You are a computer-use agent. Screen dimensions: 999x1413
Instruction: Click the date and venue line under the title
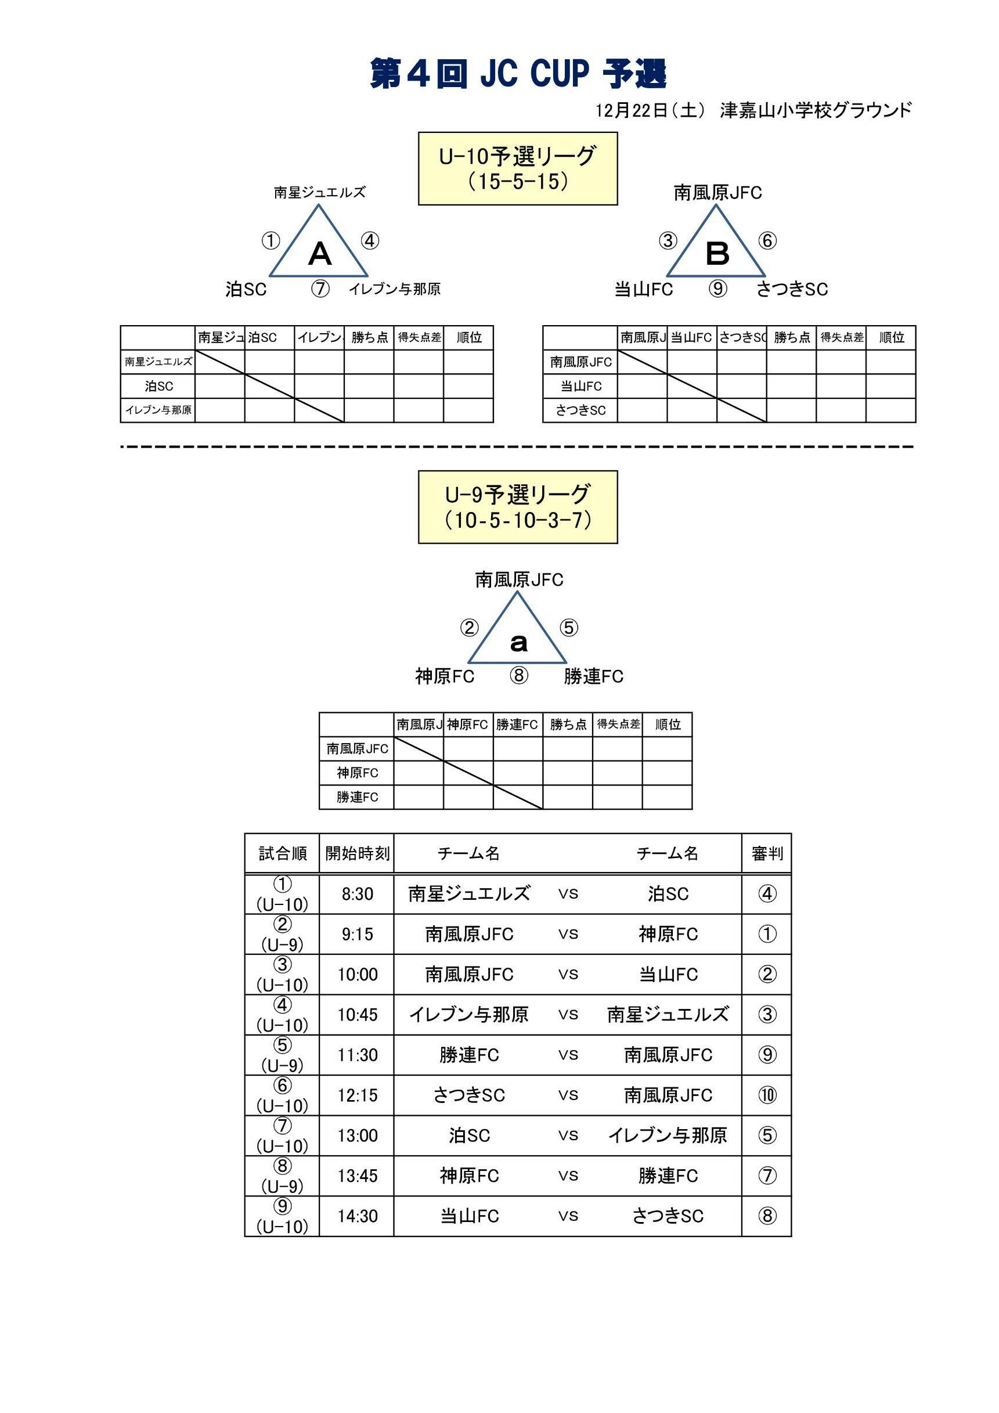point(753,111)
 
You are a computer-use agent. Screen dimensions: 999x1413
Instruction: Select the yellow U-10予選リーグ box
point(518,168)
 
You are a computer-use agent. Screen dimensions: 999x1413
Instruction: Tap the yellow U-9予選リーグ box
point(518,506)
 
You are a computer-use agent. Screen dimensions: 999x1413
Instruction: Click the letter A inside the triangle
point(319,254)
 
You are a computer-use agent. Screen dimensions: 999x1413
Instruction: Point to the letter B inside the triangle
point(717,254)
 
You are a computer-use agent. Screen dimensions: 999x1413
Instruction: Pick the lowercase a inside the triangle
point(519,643)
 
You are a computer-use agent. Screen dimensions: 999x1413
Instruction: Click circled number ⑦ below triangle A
point(320,289)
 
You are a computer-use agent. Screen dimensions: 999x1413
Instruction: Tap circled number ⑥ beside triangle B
point(767,241)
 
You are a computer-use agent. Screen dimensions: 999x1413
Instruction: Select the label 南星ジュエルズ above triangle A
point(319,193)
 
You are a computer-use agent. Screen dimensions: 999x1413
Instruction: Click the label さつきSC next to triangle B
point(792,289)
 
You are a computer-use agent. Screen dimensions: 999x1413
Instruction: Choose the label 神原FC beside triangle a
point(445,677)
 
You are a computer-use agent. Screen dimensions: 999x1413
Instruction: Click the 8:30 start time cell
point(357,893)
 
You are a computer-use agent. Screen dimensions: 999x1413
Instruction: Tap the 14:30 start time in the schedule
point(357,1216)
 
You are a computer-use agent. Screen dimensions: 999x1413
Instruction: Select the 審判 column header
point(767,853)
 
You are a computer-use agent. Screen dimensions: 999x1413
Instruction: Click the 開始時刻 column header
point(357,853)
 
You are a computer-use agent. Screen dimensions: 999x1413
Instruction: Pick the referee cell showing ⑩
point(767,1095)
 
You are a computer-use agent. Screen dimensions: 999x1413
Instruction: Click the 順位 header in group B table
point(890,338)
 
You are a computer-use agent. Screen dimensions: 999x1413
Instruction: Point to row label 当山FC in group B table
point(580,387)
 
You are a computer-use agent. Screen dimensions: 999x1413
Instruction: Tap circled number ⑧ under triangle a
point(519,676)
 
